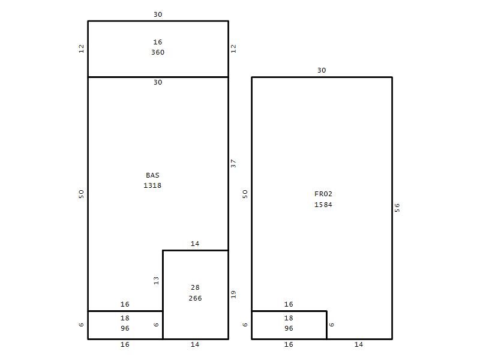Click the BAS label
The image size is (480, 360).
coord(152,175)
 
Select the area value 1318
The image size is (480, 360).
coord(152,185)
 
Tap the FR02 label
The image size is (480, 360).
coord(323,194)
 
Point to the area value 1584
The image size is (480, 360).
coord(323,205)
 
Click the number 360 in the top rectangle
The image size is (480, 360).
coord(158,52)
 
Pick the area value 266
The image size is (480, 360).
coord(196,298)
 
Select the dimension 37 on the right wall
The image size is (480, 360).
coord(233,163)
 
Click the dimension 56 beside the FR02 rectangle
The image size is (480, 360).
coord(397,208)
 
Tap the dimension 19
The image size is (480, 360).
coord(233,295)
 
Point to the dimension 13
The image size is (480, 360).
coord(157,281)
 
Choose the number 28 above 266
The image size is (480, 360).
coord(196,288)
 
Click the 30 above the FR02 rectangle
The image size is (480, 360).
coord(322,70)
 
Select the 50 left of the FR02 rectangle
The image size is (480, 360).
coord(245,194)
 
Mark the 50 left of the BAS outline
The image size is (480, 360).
coord(81,194)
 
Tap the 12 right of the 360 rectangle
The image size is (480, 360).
coord(233,49)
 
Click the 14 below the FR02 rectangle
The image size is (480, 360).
coord(359,344)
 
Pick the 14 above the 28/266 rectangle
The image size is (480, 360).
coord(195,244)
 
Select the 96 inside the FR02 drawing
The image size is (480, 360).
coord(289,328)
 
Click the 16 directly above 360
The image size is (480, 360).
coord(158,42)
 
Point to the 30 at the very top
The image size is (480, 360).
coord(158,14)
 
